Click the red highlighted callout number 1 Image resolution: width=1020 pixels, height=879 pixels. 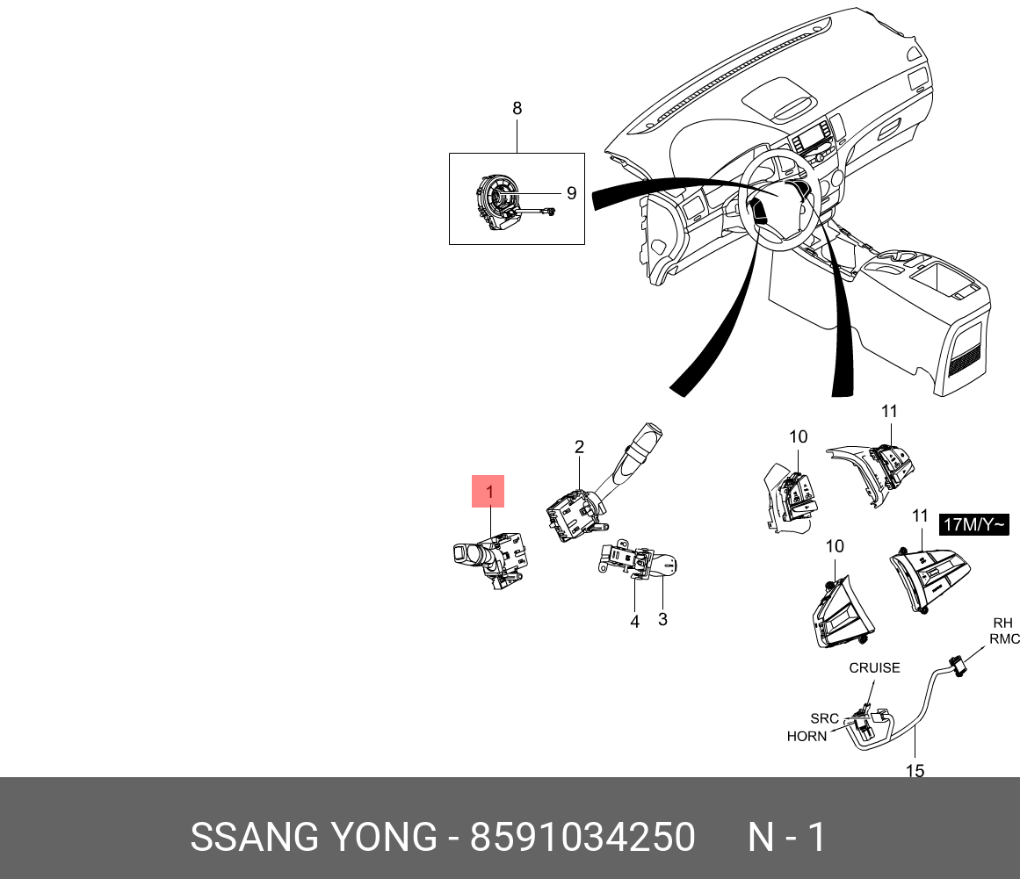coord(488,492)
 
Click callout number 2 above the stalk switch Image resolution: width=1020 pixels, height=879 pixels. coord(579,447)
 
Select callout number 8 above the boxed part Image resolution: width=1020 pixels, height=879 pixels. coord(517,108)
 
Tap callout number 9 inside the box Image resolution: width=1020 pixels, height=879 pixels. coord(570,192)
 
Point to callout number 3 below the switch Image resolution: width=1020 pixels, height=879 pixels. coord(662,619)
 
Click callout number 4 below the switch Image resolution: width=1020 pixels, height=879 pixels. coord(634,622)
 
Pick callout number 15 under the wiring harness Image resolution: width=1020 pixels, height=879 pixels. coord(915,770)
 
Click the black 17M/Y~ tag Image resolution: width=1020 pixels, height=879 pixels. coord(973,525)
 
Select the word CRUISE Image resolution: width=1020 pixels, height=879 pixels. coord(874,667)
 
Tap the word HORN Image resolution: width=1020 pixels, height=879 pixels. coord(807,736)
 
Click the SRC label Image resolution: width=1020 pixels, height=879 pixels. coord(824,718)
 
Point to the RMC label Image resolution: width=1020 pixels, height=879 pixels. coord(1004,639)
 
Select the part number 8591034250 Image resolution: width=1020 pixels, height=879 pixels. coord(582,837)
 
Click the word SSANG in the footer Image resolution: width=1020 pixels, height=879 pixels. coord(242,837)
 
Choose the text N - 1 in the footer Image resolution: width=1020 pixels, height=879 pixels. coord(786,837)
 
